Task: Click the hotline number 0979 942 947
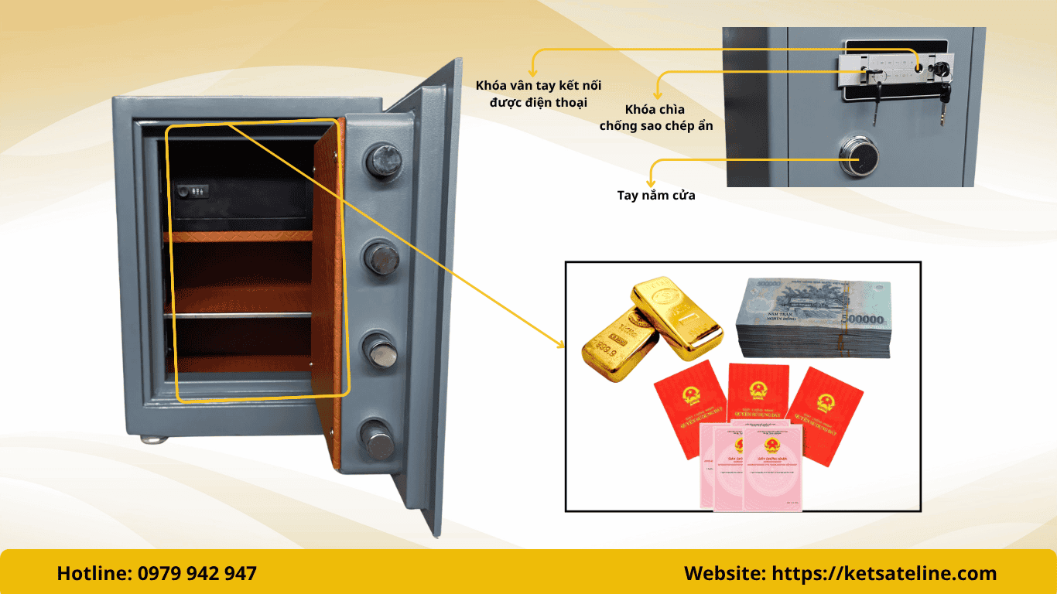tap(197, 573)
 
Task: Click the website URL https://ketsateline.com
tap(884, 573)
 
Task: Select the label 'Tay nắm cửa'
tap(655, 195)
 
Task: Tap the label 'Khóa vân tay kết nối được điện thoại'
tap(539, 94)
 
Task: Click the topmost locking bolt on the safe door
tap(385, 160)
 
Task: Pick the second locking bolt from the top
tap(382, 257)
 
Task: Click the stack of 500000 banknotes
tap(813, 317)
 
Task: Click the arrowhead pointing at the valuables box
tap(563, 344)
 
